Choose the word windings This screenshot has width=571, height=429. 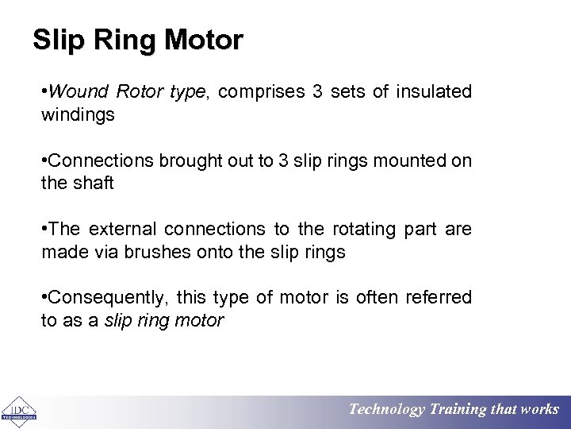click(78, 114)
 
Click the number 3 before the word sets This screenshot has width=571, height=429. click(317, 91)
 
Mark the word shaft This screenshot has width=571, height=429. click(94, 184)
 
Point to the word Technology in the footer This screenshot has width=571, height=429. click(387, 410)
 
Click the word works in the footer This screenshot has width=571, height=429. click(539, 410)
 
